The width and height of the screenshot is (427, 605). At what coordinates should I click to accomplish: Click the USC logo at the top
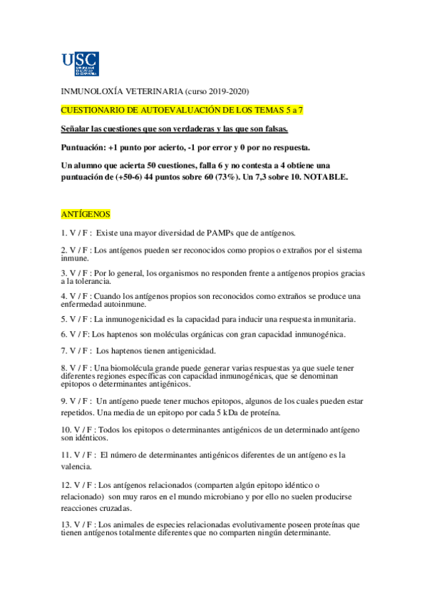click(80, 63)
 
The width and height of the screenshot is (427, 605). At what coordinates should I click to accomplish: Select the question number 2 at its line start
click(63, 250)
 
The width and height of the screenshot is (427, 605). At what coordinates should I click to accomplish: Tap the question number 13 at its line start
click(66, 525)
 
